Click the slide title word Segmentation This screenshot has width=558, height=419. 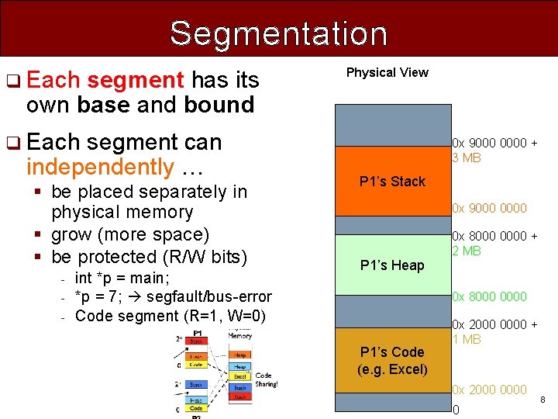click(x=278, y=33)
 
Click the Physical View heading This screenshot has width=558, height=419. click(x=387, y=72)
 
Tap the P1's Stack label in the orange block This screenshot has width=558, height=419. click(x=392, y=182)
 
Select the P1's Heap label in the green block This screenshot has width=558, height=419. click(x=392, y=265)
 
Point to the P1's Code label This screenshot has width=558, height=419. click(x=392, y=360)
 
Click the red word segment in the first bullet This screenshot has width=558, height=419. click(x=136, y=80)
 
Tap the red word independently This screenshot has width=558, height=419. click(x=100, y=167)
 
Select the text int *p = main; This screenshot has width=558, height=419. click(x=122, y=278)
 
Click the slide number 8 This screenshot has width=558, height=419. click(x=542, y=400)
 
